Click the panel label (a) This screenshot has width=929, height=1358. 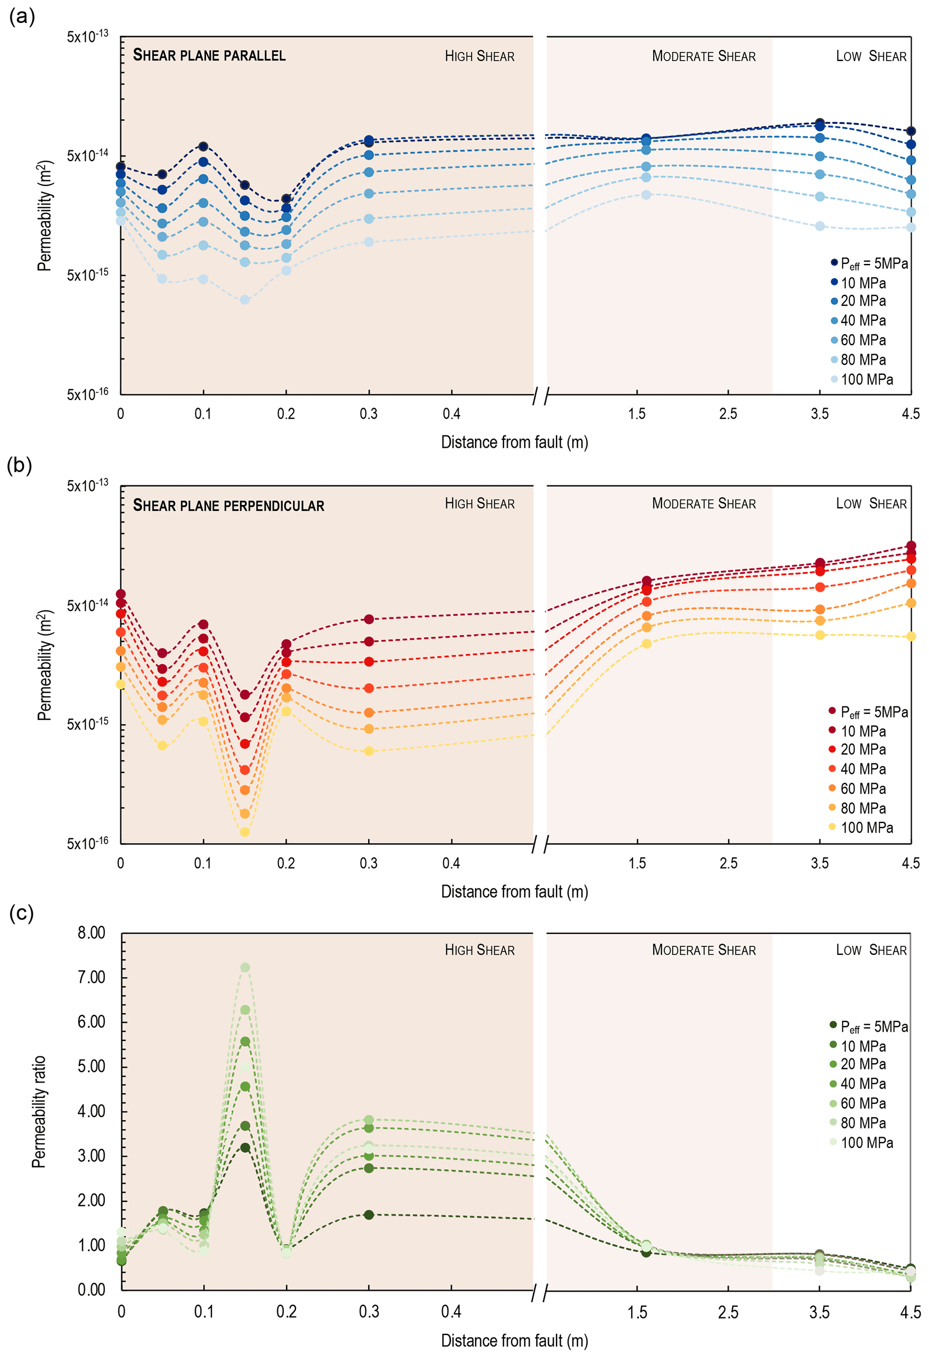[22, 16]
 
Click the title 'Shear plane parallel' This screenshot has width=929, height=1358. [209, 55]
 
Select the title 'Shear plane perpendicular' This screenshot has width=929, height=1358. [228, 505]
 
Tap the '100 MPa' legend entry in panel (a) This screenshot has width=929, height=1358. [866, 379]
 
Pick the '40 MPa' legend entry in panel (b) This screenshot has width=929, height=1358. [862, 769]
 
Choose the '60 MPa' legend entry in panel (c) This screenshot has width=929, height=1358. [862, 1103]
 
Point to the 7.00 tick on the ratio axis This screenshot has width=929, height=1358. [91, 977]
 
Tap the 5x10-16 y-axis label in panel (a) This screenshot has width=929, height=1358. [87, 394]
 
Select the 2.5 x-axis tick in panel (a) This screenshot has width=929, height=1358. [728, 414]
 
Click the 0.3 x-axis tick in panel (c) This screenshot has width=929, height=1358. [369, 1312]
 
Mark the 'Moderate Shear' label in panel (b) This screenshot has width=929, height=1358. [703, 504]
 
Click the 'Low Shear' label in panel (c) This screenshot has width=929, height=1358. [871, 950]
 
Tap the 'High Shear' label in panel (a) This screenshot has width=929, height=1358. [480, 56]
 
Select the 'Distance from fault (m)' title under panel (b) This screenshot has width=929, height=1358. [514, 892]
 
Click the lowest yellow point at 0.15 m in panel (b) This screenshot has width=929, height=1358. [245, 832]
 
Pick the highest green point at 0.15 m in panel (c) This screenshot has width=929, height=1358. [245, 968]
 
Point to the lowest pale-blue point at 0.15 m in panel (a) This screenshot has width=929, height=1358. [245, 300]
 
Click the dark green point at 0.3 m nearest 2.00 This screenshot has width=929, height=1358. [369, 1215]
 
